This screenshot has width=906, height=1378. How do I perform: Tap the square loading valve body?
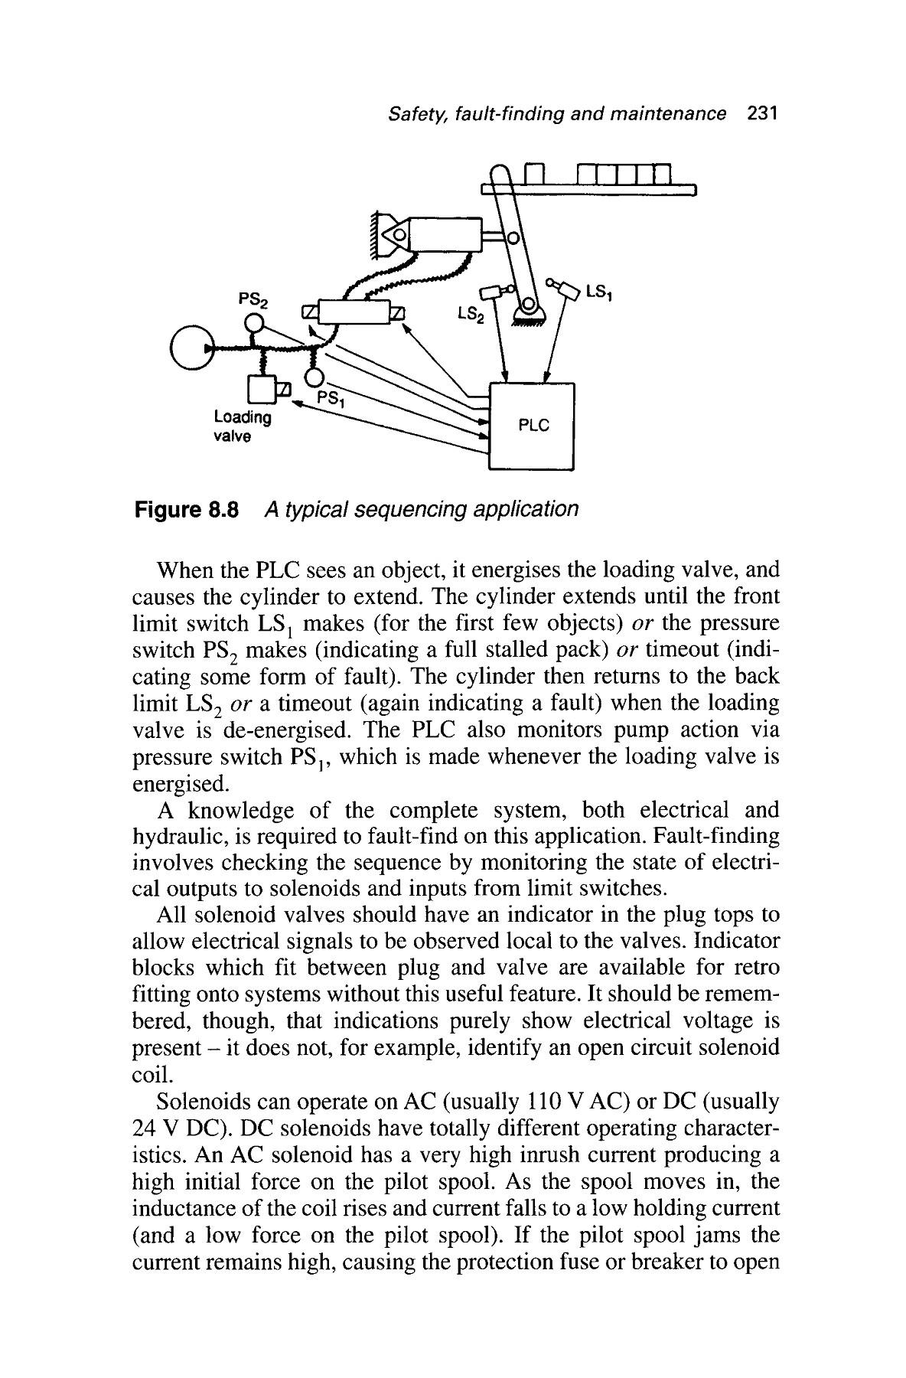coord(261,390)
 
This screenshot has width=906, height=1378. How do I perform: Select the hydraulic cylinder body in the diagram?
coord(445,233)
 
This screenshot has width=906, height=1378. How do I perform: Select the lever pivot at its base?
coord(527,310)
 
